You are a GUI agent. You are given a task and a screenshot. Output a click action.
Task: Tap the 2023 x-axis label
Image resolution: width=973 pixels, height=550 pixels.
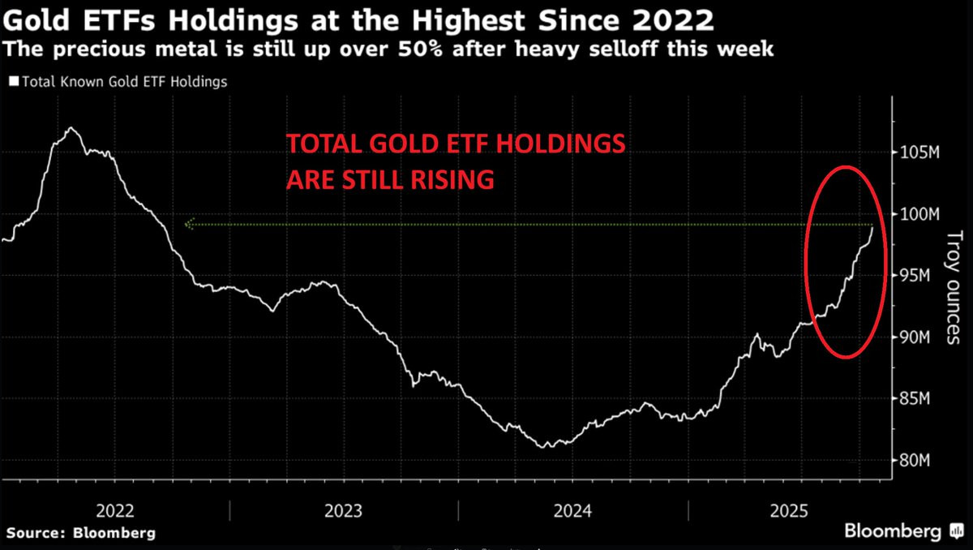point(343,511)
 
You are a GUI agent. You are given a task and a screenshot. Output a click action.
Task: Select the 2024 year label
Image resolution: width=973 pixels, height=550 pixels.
point(572,511)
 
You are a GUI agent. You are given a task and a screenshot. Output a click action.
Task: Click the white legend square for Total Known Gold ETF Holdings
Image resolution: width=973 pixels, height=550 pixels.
point(12,82)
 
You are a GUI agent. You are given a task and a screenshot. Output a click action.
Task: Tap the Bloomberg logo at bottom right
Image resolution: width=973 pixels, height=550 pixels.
point(895,532)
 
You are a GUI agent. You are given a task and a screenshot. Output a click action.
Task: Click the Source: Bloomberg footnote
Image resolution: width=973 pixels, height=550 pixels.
point(81,533)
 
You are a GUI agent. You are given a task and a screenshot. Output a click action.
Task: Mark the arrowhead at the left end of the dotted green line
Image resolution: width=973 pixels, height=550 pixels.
point(189,225)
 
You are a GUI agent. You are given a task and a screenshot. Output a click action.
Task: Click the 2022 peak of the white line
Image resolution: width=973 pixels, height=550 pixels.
point(71,127)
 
